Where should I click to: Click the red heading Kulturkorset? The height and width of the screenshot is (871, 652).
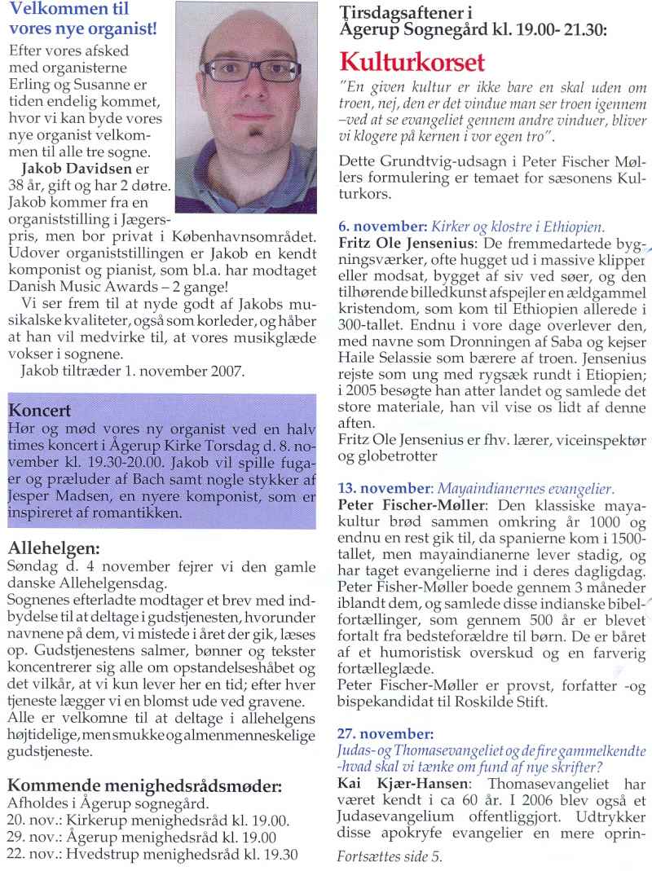(x=412, y=62)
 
